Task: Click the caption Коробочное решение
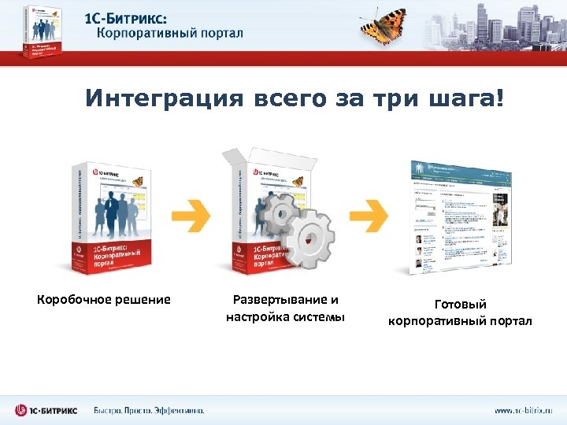pos(104,300)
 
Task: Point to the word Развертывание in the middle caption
pos(280,300)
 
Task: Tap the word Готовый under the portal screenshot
pos(460,304)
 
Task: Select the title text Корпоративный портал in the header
pos(170,33)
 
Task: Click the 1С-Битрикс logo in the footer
pos(48,409)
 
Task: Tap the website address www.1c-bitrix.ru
pos(524,410)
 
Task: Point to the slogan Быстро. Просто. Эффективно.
pos(149,410)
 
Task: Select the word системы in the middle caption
pos(318,317)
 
